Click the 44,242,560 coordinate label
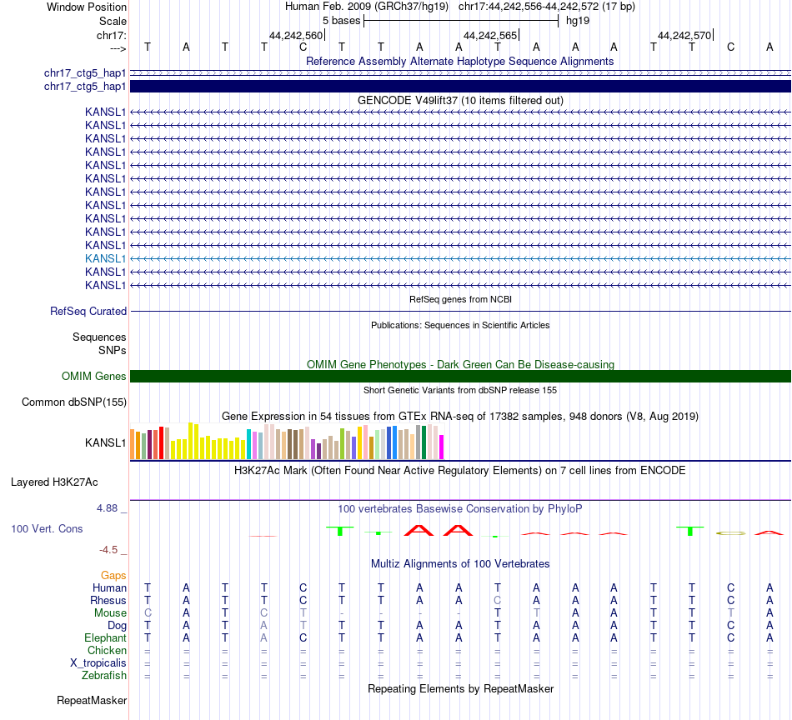point(295,35)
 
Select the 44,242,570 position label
point(684,35)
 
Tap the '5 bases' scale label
point(340,20)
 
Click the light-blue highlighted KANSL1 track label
point(105,258)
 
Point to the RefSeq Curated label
point(88,311)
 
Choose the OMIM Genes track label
point(94,376)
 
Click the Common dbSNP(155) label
point(74,402)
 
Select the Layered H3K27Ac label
point(54,482)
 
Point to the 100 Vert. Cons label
point(47,528)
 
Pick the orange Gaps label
point(113,575)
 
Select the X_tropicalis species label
point(98,662)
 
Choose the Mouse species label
point(110,612)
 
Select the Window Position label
point(87,7)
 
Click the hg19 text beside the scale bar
point(577,20)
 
